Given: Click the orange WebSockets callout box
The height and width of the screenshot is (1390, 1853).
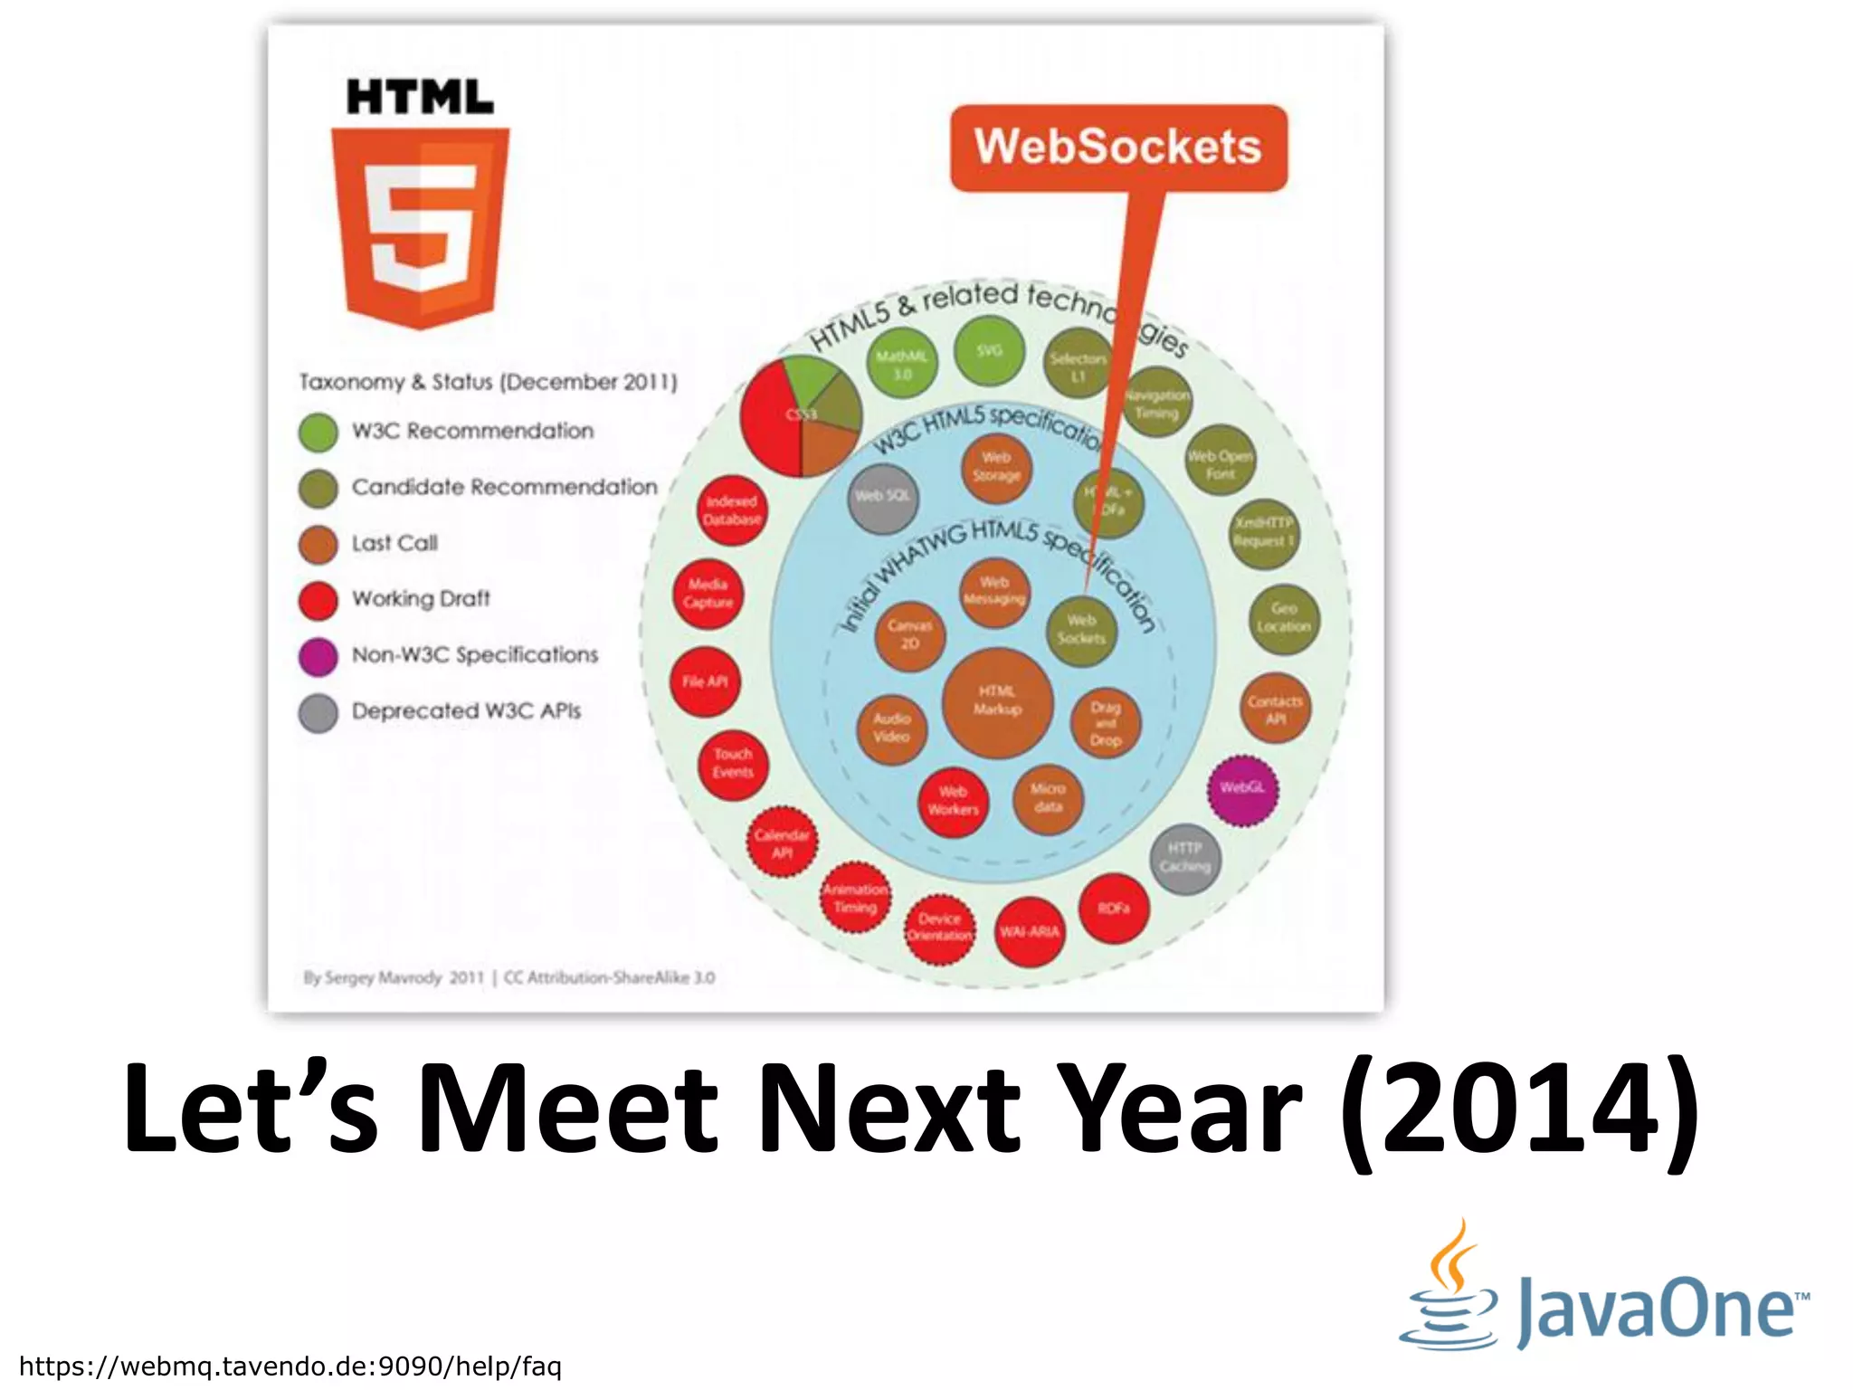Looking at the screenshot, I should pyautogui.click(x=1118, y=148).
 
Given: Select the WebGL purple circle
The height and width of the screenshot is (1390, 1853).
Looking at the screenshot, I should pyautogui.click(x=1242, y=789).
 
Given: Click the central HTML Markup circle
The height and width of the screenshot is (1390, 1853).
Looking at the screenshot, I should pyautogui.click(x=997, y=701).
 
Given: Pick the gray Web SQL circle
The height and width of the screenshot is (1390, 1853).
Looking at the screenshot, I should pyautogui.click(x=883, y=497).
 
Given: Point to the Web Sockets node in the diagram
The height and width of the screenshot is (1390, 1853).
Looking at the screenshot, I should pyautogui.click(x=1081, y=630).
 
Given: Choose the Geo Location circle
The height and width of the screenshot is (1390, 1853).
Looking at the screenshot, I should pyautogui.click(x=1283, y=618).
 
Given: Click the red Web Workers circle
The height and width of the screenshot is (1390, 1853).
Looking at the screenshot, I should pyautogui.click(x=953, y=802).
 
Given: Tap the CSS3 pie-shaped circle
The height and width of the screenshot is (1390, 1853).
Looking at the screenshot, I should pyautogui.click(x=801, y=416).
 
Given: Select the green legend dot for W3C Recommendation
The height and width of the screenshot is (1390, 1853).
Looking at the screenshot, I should pyautogui.click(x=318, y=433).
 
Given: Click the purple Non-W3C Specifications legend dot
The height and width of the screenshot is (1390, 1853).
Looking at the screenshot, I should pyautogui.click(x=318, y=657).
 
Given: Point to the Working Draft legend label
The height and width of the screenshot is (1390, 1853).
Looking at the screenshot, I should pyautogui.click(x=421, y=599).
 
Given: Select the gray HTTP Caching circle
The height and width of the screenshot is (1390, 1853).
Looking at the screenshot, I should pyautogui.click(x=1184, y=858).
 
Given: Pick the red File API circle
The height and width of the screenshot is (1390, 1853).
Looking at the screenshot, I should pyautogui.click(x=706, y=682).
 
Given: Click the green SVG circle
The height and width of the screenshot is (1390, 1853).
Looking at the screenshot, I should pyautogui.click(x=989, y=351).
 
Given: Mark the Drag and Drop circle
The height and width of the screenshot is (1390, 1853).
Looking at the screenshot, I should pyautogui.click(x=1105, y=724).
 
